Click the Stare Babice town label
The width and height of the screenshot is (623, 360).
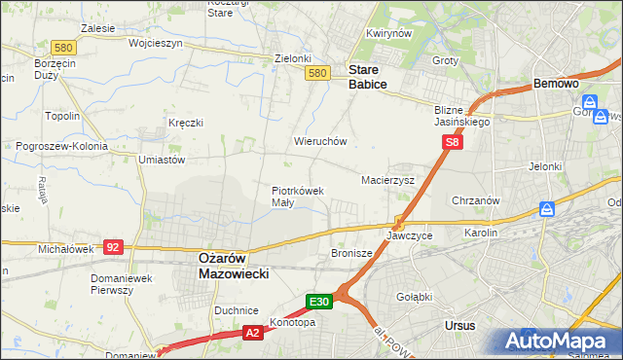[368, 77]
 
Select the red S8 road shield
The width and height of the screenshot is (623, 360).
[452, 143]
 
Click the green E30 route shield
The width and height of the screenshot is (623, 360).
[320, 302]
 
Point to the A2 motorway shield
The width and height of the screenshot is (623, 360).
[251, 333]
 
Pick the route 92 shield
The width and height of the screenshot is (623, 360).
[112, 247]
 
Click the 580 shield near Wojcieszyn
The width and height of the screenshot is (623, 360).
[64, 47]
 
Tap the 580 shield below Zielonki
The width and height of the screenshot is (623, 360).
[316, 73]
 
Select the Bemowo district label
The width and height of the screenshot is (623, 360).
[557, 85]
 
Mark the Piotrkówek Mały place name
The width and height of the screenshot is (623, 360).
[297, 196]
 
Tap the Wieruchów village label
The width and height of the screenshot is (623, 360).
[320, 141]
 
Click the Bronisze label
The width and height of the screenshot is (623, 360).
[351, 253]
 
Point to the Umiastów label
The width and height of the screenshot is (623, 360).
[162, 160]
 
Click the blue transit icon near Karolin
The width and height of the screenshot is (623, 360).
[547, 210]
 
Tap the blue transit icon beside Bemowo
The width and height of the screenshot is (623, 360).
[590, 101]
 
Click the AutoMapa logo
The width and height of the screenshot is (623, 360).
[559, 341]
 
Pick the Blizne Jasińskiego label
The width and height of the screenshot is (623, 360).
[462, 117]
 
